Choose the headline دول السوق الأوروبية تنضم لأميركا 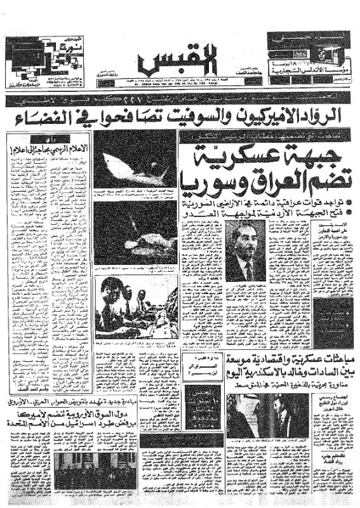(95, 426)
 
